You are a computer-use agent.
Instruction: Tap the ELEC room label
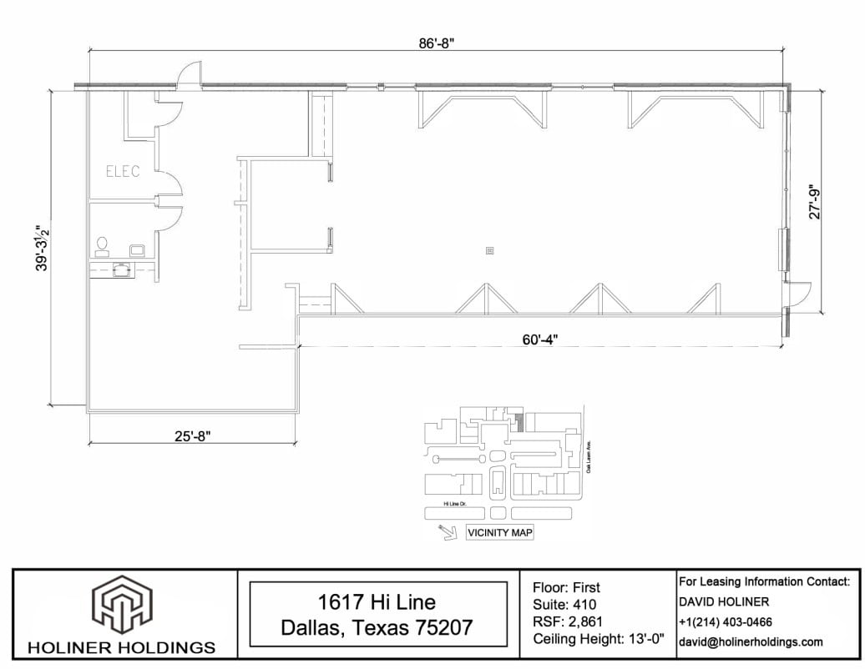coord(123,172)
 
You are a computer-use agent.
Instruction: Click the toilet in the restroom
coord(103,244)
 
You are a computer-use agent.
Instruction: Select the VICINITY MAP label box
coord(499,532)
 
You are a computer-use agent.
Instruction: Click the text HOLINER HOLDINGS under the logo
coord(123,647)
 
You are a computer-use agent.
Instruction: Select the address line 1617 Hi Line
coord(377,601)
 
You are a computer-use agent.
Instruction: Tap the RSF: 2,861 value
coord(568,621)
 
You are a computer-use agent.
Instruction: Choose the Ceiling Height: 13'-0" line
coord(598,640)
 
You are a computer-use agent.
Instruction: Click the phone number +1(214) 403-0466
coord(726,621)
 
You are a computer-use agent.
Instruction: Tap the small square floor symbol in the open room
coord(489,249)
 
